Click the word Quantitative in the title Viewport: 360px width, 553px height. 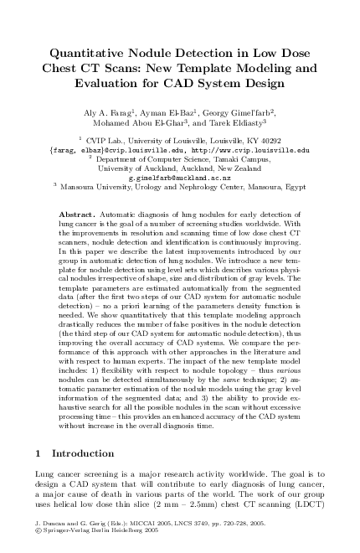(x=90, y=51)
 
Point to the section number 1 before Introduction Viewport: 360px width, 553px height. (x=39, y=453)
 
